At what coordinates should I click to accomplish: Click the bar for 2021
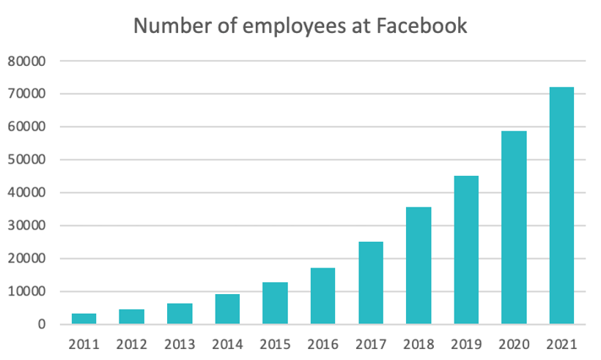tap(561, 206)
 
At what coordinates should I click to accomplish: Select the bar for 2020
tap(514, 227)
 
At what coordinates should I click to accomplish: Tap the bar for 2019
tap(466, 250)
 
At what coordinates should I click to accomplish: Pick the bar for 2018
tap(419, 265)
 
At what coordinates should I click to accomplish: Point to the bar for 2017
tap(371, 283)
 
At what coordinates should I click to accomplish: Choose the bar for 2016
tap(322, 296)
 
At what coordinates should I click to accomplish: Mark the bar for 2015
tap(275, 304)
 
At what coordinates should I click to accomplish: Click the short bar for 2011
tap(84, 319)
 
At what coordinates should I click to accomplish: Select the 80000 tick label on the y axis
tap(27, 61)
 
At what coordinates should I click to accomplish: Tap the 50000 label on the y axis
tap(27, 160)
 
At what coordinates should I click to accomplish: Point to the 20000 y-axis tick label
tap(27, 259)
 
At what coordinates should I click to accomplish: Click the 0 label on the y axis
tap(42, 325)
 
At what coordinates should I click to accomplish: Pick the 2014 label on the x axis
tap(227, 343)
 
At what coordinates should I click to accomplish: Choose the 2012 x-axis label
tap(132, 343)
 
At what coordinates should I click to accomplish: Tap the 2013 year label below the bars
tap(180, 343)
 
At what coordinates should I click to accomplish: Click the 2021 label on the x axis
tap(561, 343)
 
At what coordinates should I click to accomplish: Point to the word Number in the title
tap(166, 26)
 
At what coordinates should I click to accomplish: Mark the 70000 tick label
tap(27, 94)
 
